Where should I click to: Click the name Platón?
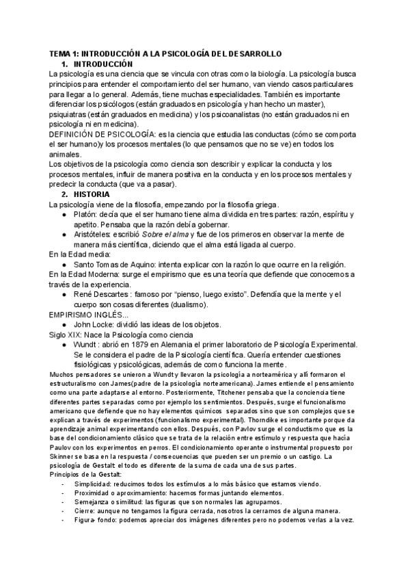click(x=86, y=214)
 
